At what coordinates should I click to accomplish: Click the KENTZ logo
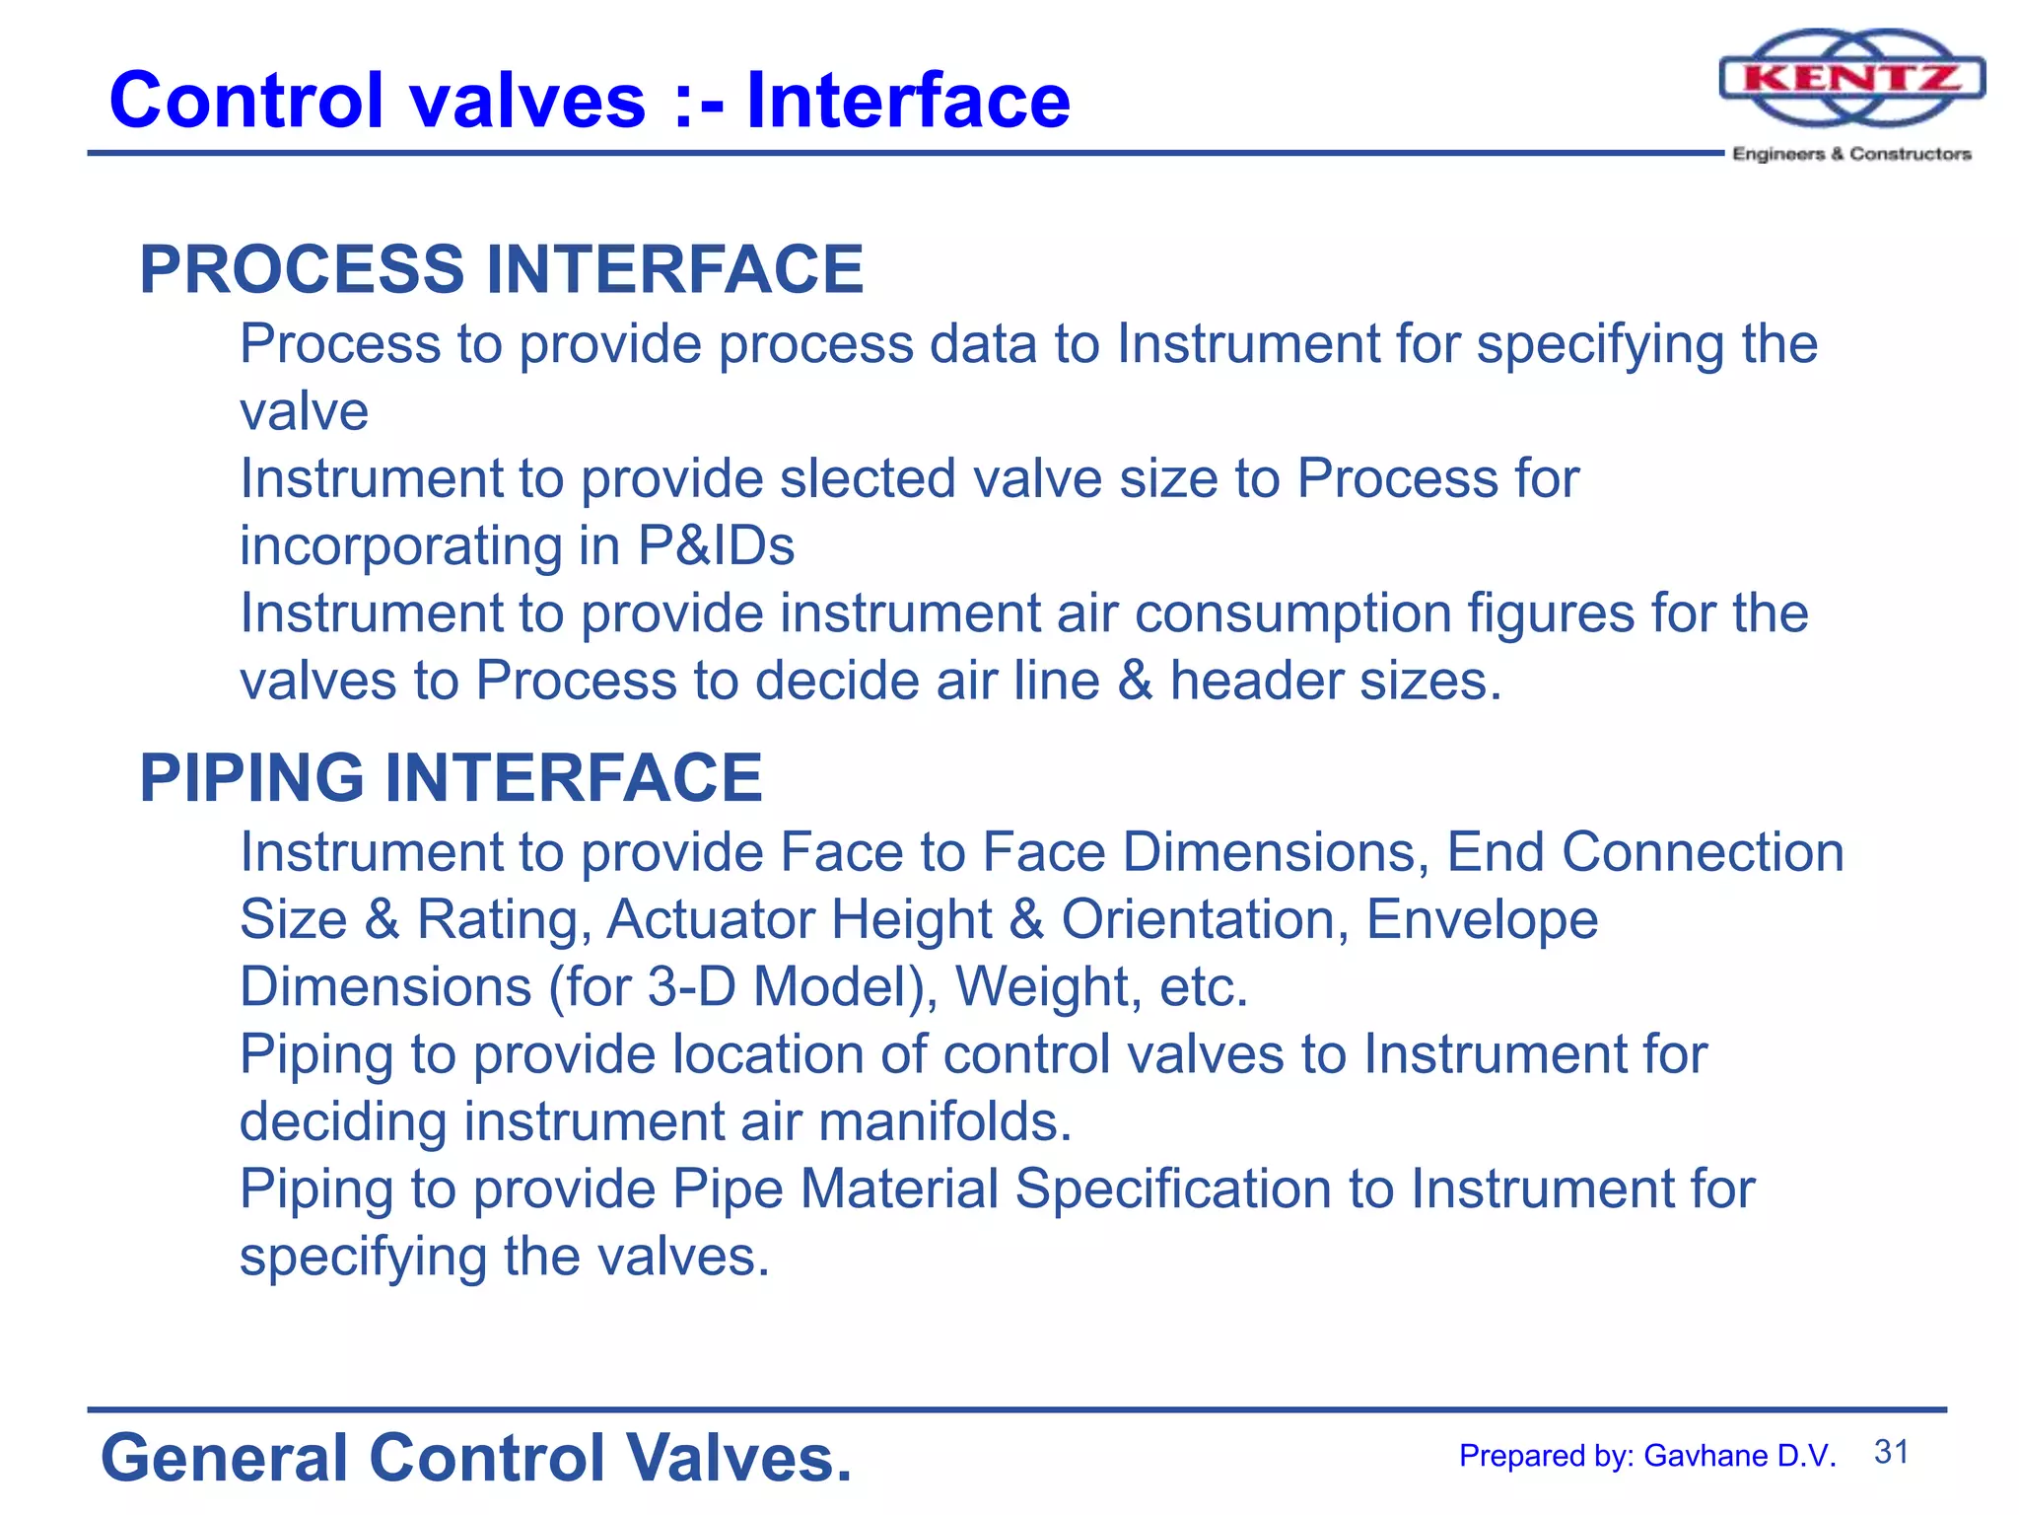tap(1851, 79)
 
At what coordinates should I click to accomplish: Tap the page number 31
tap(1891, 1452)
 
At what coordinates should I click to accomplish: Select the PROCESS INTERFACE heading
tap(501, 269)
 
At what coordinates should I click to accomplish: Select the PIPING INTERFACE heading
tap(451, 777)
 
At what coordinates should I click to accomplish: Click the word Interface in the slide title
tap(907, 101)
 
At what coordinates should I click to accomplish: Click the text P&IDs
tap(716, 545)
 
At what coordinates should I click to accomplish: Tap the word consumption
tap(1292, 613)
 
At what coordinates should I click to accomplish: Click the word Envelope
tap(1482, 919)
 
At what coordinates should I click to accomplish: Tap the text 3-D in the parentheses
tap(691, 986)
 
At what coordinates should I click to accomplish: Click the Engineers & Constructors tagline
tap(1851, 154)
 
